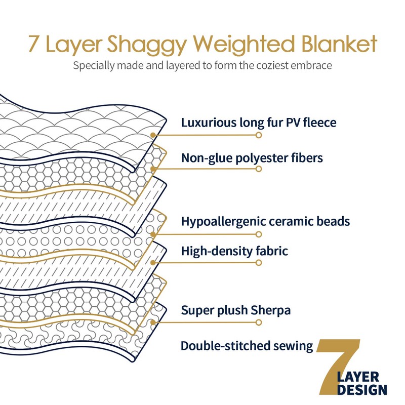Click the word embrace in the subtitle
313,66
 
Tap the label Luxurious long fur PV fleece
259,122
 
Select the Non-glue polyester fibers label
252,157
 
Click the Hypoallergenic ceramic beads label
265,221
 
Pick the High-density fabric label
235,250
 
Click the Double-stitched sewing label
247,346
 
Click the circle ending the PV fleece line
259,136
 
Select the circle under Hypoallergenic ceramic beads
259,234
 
